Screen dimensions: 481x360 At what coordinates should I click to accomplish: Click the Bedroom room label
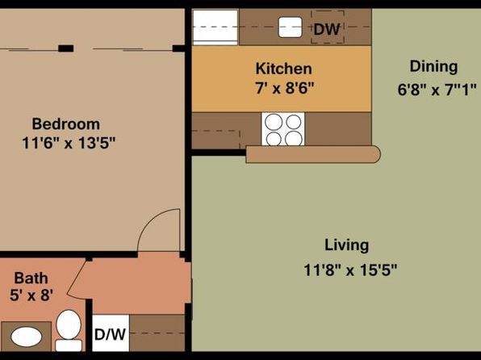66,124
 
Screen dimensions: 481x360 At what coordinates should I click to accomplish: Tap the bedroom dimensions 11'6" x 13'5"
69,143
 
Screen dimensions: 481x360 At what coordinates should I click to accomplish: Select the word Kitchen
284,69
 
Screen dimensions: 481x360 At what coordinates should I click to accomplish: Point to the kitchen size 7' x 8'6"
285,89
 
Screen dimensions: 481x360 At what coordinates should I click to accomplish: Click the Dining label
433,67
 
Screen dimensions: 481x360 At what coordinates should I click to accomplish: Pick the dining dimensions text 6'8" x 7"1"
437,90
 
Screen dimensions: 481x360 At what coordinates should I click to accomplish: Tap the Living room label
347,245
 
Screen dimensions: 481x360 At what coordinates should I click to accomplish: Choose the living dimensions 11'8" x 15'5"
350,270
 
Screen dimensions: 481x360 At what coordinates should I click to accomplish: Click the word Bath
31,278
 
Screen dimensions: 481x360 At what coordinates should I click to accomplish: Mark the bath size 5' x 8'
31,295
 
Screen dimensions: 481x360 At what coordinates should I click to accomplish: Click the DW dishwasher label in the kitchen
327,29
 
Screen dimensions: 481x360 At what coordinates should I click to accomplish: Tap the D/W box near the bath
111,333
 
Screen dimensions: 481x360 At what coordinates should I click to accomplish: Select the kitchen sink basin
291,27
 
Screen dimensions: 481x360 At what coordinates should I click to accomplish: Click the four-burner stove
282,129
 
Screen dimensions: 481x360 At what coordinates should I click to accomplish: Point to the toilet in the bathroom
69,330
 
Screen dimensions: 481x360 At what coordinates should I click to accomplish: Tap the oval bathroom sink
27,337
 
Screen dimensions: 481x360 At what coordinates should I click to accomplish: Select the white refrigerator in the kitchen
215,27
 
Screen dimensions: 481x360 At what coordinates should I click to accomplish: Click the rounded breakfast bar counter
313,154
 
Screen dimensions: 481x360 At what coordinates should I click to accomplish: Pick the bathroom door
77,277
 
